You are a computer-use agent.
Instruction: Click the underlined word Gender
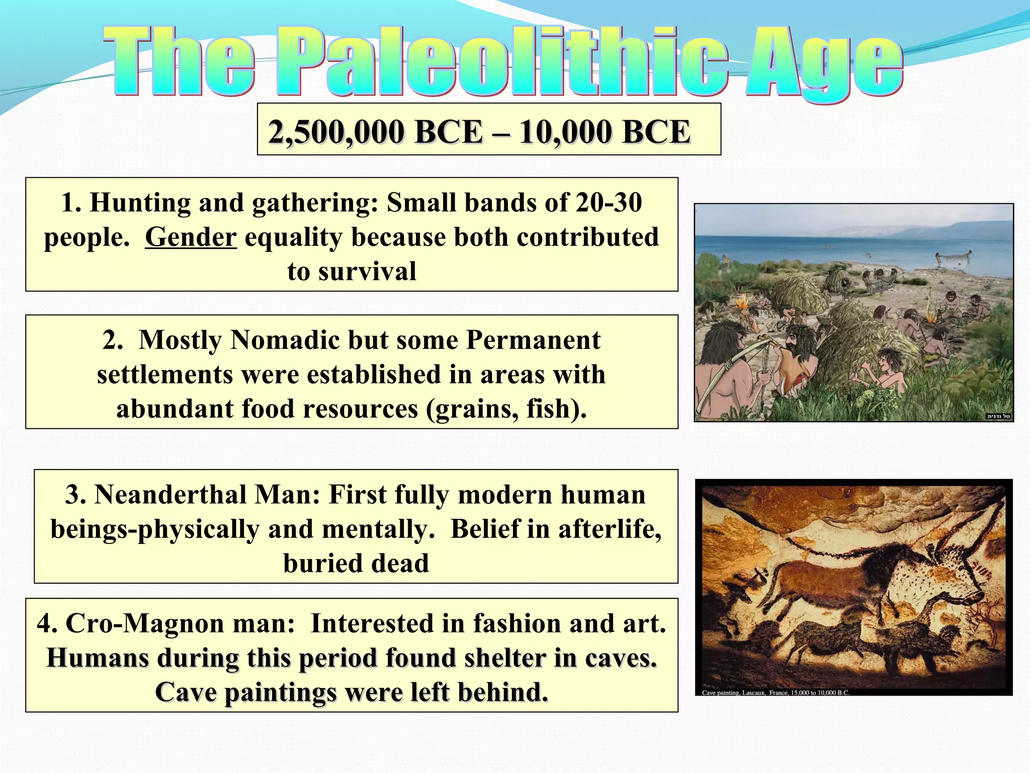191,237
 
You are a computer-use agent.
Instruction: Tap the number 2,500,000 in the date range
336,132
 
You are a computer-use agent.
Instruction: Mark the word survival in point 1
367,271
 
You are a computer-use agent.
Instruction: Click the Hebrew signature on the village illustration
998,416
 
